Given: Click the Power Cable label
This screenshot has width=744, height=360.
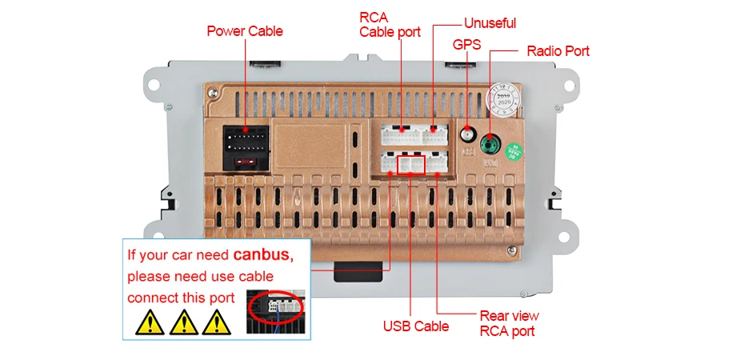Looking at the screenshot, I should pyautogui.click(x=244, y=31).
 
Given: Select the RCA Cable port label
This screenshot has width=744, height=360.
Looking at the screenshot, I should pyautogui.click(x=390, y=25).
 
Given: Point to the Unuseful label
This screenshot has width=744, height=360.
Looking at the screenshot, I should pyautogui.click(x=490, y=23).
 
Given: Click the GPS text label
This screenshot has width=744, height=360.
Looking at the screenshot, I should pyautogui.click(x=466, y=45).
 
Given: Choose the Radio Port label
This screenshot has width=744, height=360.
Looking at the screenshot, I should pyautogui.click(x=558, y=51).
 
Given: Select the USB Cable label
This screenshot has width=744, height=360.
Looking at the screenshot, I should pyautogui.click(x=415, y=326).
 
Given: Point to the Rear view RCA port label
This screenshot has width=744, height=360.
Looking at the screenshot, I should pyautogui.click(x=509, y=323).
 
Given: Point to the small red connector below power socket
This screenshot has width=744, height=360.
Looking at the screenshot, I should pyautogui.click(x=246, y=162).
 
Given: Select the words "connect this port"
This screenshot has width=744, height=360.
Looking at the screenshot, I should pyautogui.click(x=181, y=298).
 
